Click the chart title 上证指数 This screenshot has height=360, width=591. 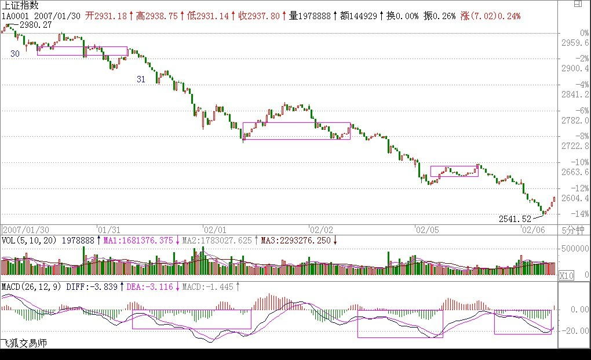20,5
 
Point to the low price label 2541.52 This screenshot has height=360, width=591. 515,219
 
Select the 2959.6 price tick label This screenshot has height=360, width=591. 576,42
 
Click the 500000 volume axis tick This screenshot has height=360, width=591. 574,249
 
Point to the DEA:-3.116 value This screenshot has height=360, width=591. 150,286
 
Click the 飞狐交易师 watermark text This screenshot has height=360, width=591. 23,344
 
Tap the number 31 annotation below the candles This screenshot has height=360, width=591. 141,79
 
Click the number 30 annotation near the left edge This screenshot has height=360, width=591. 15,53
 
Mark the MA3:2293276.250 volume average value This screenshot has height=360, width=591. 297,240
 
